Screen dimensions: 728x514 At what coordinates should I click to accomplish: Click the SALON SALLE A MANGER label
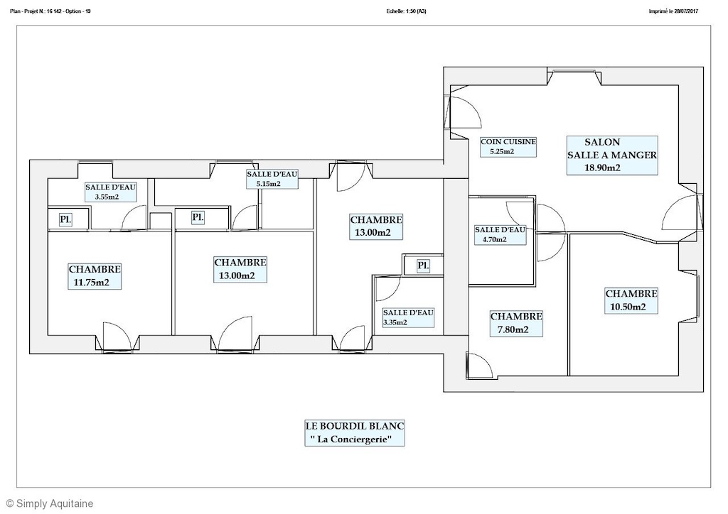(612, 155)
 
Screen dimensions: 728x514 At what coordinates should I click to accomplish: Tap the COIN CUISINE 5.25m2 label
(508, 146)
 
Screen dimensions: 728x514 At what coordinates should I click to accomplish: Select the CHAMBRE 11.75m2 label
(95, 275)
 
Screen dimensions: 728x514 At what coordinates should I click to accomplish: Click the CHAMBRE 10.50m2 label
(631, 300)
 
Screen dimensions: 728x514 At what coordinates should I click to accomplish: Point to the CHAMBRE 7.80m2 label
(516, 323)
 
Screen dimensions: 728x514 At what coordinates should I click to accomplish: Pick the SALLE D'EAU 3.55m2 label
(110, 192)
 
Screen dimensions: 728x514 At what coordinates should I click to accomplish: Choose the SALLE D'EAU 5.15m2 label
(272, 178)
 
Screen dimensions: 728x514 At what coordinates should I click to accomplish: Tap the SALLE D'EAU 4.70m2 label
(500, 234)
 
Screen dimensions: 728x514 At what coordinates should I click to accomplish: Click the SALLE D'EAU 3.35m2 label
(408, 317)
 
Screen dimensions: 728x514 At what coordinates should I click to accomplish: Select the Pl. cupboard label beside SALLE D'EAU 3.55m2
(65, 219)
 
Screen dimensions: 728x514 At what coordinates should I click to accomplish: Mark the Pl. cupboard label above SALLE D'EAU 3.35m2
(423, 266)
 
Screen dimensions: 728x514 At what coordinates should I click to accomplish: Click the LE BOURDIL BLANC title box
(355, 432)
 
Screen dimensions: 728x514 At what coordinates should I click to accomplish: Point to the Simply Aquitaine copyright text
(50, 503)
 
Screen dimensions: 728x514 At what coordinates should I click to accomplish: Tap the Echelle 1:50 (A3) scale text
(406, 11)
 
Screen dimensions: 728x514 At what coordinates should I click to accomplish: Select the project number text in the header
(50, 11)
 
